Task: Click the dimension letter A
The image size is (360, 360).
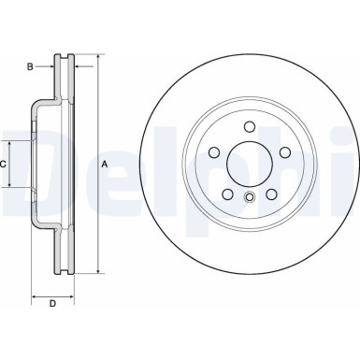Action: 105,165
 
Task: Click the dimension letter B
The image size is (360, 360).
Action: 30,66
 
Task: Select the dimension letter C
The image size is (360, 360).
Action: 4,164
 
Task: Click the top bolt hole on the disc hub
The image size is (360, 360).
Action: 248,127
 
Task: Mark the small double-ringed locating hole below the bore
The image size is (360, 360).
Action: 248,197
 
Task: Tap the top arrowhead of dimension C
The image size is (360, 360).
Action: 11,143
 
